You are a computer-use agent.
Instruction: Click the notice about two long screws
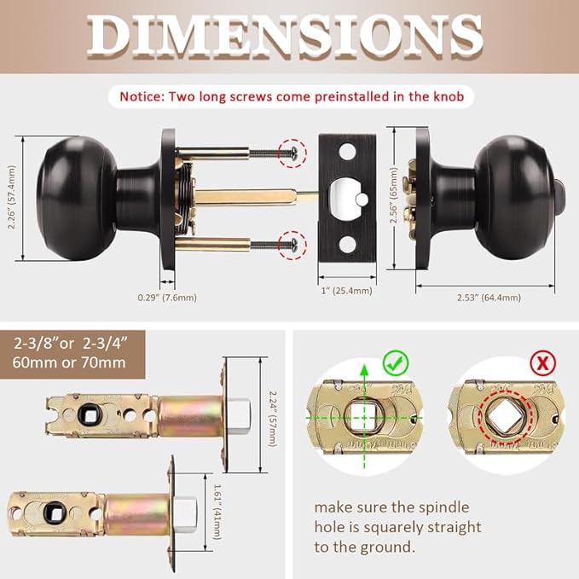click(x=291, y=97)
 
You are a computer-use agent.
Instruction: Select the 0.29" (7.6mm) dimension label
click(x=167, y=298)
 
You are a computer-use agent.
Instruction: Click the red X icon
click(x=541, y=363)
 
